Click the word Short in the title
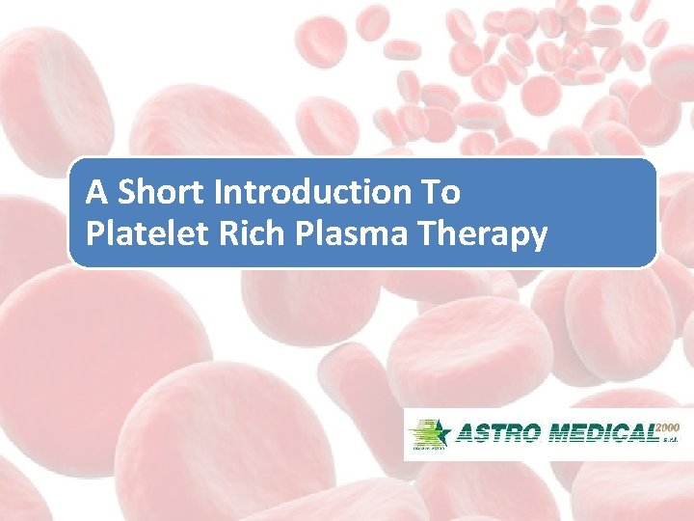(x=164, y=193)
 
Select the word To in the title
(x=440, y=193)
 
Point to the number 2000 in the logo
(x=668, y=426)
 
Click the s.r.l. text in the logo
(x=671, y=445)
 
